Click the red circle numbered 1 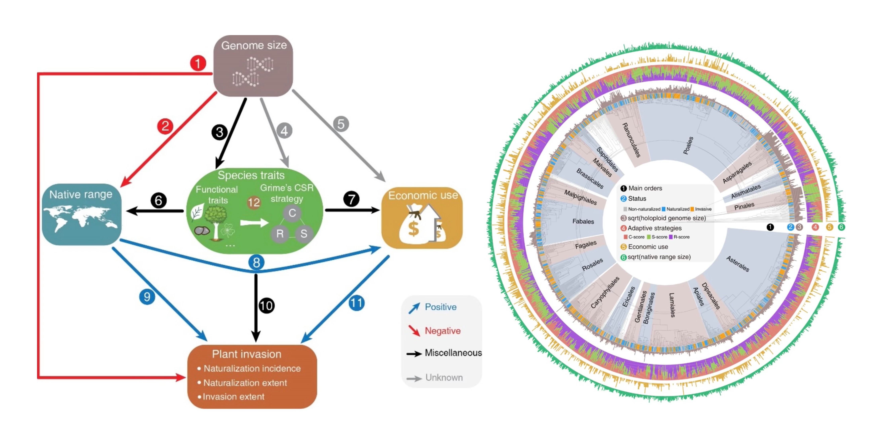coord(198,63)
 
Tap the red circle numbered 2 coord(165,126)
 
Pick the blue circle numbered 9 coord(147,297)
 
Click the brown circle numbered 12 coord(254,202)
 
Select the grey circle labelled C coord(292,213)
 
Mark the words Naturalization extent coord(245,383)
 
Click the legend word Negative coord(442,331)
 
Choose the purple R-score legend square coord(671,237)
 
